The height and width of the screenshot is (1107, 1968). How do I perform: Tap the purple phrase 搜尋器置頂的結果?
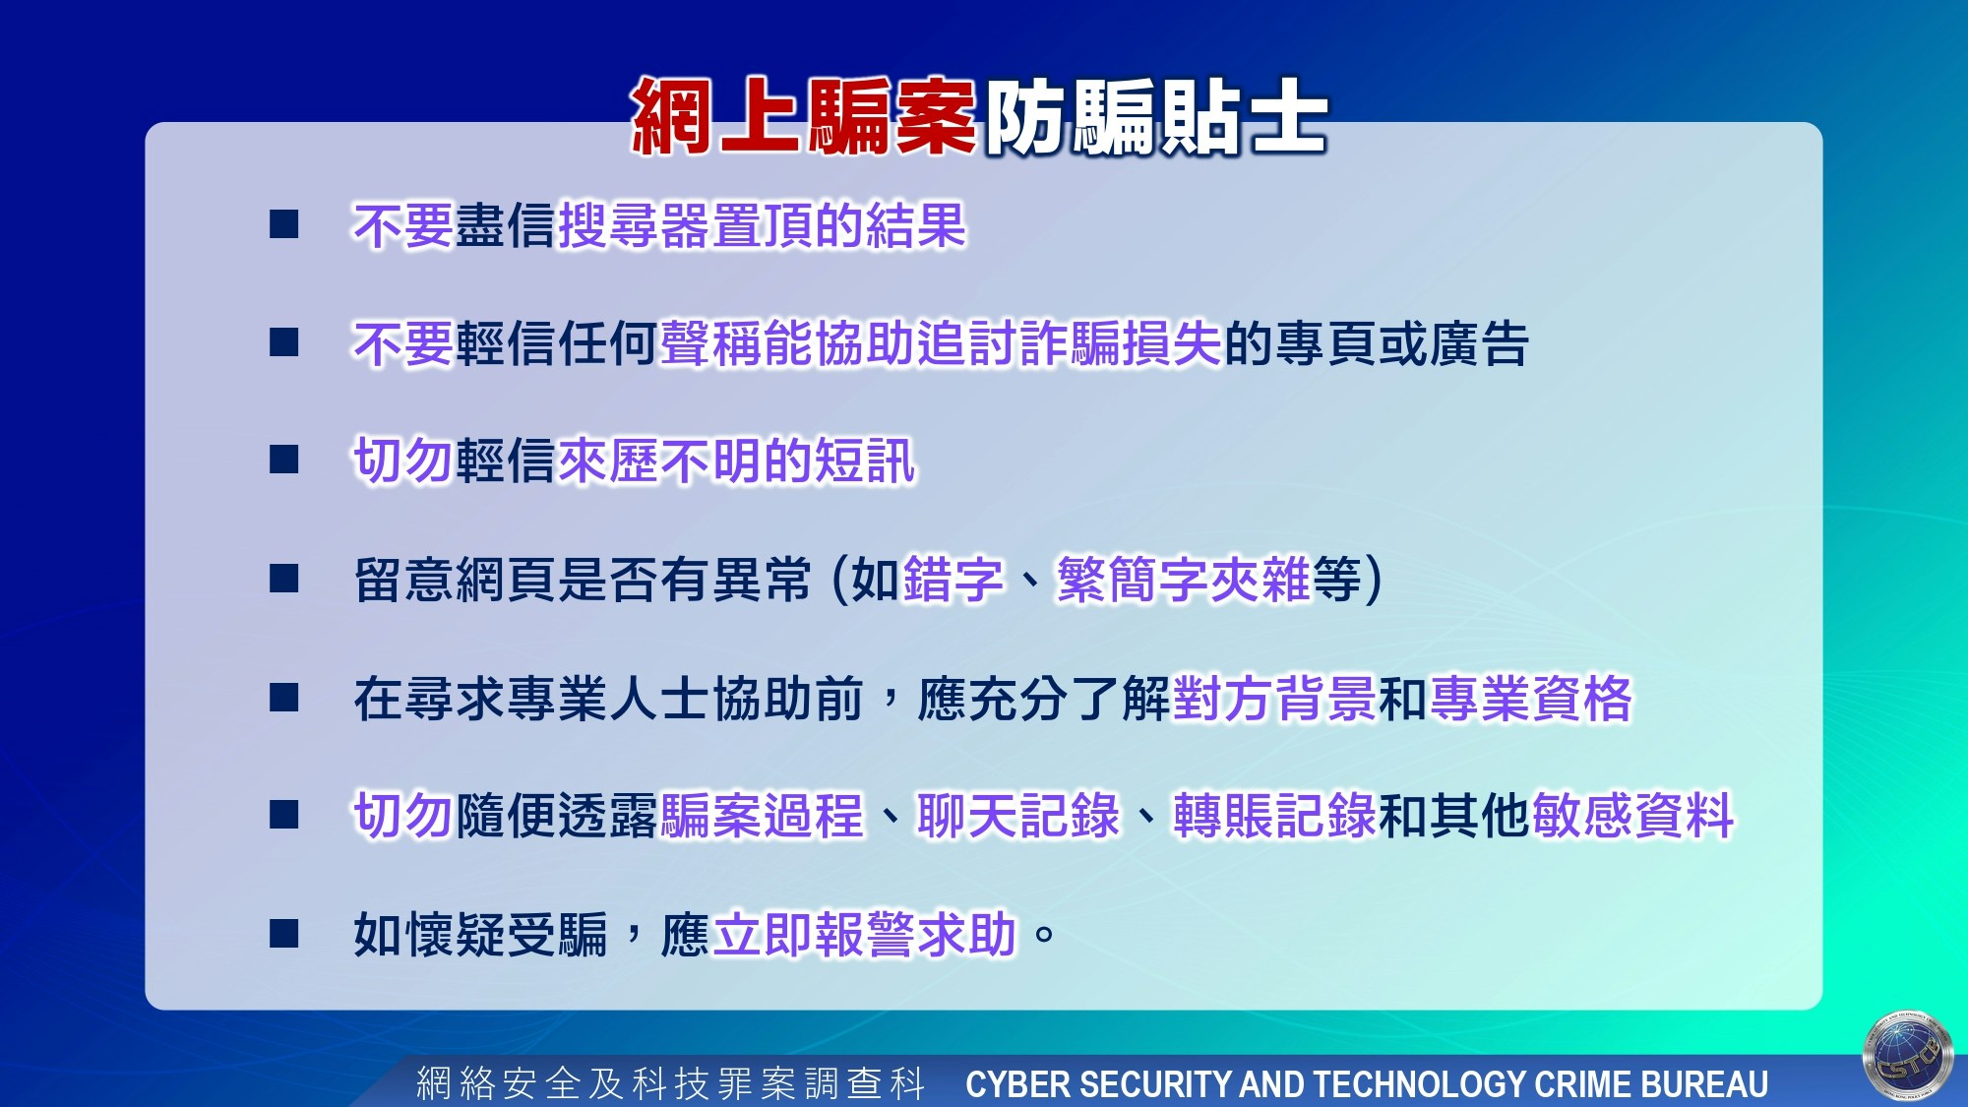point(762,226)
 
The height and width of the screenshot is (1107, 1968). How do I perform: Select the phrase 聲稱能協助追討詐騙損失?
point(941,343)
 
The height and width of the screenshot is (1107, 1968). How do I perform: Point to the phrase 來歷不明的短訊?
point(737,461)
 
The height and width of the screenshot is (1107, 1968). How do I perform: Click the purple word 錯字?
point(953,579)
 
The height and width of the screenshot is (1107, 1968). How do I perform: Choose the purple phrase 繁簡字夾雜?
point(1184,579)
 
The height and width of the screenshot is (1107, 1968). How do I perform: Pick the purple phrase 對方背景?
point(1274,699)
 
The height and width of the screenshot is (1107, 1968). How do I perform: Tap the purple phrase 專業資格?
point(1530,699)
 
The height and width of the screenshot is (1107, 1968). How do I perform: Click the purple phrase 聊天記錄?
point(1018,816)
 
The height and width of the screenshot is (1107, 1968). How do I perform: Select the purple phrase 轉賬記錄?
point(1274,816)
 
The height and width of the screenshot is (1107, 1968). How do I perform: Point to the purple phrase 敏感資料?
point(1632,816)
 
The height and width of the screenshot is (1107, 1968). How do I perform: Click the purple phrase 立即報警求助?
point(865,934)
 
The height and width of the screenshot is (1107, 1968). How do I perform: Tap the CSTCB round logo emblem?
point(1908,1056)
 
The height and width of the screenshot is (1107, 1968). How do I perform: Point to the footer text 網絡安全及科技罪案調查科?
point(671,1083)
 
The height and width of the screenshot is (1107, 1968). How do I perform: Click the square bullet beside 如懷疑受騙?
point(284,933)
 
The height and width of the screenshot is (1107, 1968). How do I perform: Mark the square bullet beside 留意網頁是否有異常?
point(284,578)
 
